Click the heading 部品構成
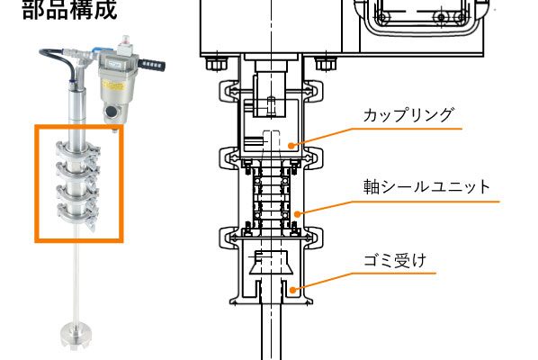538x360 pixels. tap(69, 9)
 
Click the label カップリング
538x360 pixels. tap(408, 115)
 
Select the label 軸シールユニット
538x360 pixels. tap(426, 186)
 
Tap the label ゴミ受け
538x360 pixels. tap(395, 261)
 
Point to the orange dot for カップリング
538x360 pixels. tap(291, 146)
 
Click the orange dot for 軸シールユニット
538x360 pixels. tap(298, 214)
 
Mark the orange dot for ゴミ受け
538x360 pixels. tap(292, 290)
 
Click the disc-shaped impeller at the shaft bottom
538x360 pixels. tap(76, 335)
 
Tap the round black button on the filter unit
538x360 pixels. tap(111, 112)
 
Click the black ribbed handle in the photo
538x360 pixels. tap(152, 64)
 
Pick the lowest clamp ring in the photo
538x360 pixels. tap(78, 212)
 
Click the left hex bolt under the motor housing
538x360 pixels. tap(216, 64)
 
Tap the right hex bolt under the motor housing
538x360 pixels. tap(326, 64)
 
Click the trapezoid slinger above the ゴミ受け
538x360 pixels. tap(271, 263)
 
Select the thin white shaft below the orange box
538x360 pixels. tap(76, 283)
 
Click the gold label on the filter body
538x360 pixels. tap(112, 85)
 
